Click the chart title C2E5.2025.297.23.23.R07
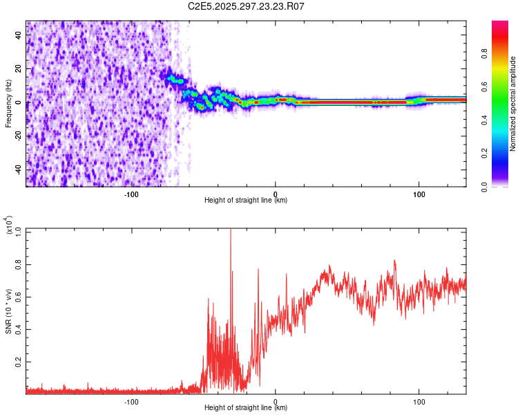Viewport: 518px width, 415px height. point(247,7)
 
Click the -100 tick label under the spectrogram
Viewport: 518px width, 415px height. point(131,194)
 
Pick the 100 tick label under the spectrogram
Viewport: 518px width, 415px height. point(419,194)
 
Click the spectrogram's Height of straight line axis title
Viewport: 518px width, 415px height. point(246,201)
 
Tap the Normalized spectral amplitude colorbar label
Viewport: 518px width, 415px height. point(512,104)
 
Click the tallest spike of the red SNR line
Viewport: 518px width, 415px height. point(231,231)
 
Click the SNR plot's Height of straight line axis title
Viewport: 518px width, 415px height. point(246,408)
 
